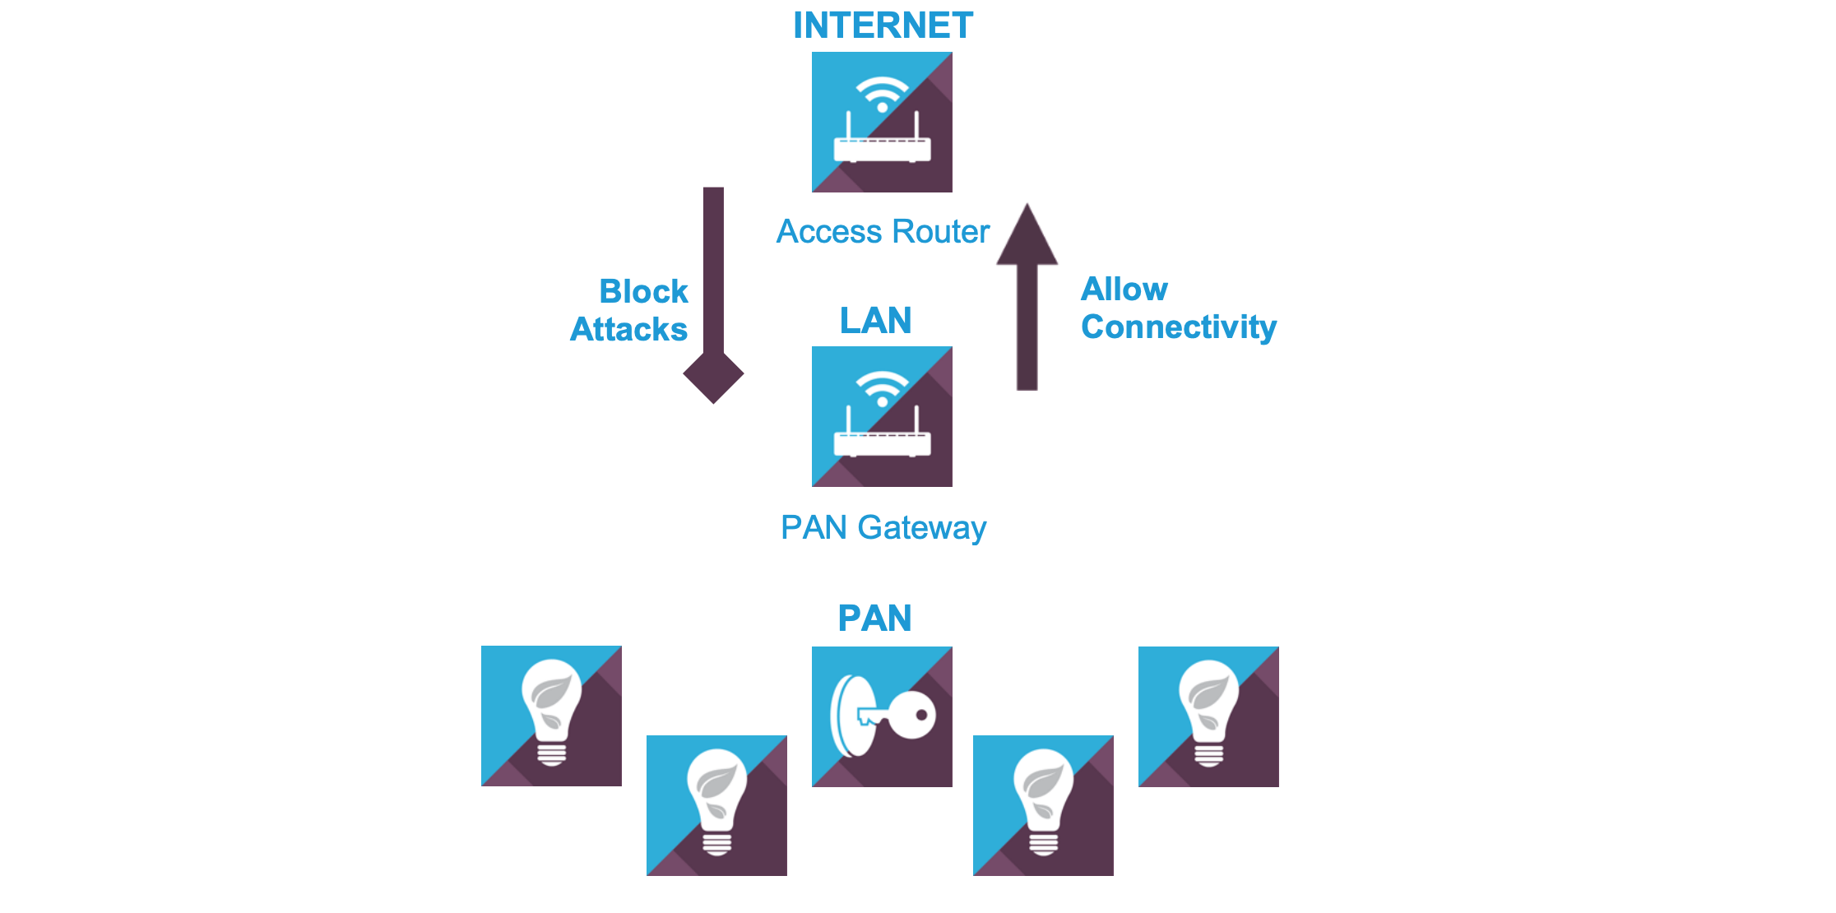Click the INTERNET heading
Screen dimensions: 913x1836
883,25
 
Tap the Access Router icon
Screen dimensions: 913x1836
882,123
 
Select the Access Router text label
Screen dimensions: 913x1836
883,232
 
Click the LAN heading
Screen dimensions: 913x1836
875,320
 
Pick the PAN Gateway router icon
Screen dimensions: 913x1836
882,417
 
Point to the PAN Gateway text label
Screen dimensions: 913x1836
883,527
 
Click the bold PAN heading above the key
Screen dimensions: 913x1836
874,618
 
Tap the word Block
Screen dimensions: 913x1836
643,291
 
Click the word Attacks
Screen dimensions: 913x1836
628,329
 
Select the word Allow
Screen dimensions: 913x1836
1124,289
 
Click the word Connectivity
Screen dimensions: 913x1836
1178,327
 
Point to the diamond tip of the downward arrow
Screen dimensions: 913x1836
713,375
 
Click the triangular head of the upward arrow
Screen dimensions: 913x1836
1027,237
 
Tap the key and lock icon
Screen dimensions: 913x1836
882,716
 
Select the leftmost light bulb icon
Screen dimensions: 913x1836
551,716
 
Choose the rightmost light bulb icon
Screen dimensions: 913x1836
1208,716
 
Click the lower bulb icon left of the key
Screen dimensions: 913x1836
716,805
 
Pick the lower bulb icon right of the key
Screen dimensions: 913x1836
1043,805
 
